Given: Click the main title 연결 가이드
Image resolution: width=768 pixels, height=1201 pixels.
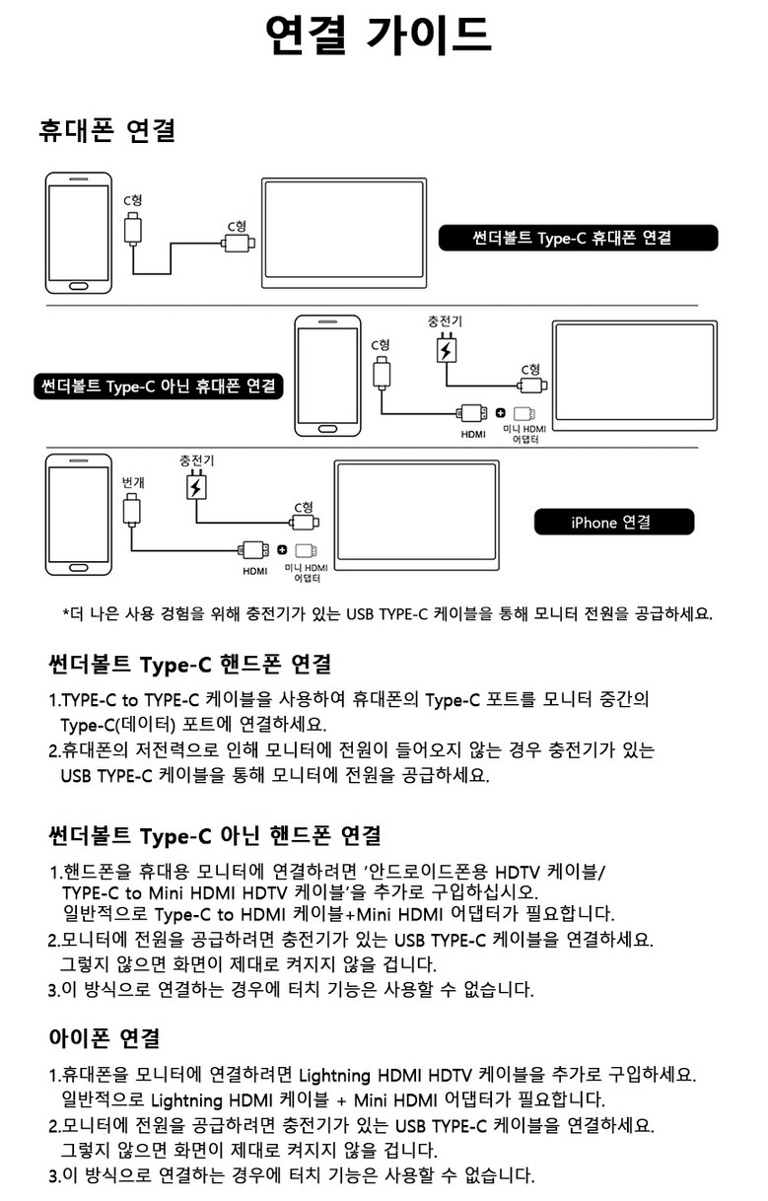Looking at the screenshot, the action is [378, 35].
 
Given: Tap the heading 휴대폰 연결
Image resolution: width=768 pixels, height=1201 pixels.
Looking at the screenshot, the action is [107, 130].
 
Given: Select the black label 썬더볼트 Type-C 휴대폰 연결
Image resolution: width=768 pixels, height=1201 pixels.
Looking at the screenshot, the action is [578, 238].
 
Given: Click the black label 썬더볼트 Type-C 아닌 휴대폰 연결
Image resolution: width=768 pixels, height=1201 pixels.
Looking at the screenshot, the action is [158, 387].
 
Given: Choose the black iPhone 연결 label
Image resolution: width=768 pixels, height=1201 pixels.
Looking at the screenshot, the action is [613, 522].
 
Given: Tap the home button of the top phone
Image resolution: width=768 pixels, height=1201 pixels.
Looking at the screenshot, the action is [78, 285].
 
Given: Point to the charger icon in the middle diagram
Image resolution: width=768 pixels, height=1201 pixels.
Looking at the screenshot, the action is [446, 347].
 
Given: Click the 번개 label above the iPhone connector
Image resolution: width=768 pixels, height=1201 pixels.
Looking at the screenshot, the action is [133, 482].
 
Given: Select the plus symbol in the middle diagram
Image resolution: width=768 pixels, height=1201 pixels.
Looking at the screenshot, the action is [500, 413].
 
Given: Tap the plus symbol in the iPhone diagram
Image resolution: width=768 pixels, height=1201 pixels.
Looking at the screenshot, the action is [282, 550].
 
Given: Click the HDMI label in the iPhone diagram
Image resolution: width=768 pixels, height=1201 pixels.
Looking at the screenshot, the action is [254, 571].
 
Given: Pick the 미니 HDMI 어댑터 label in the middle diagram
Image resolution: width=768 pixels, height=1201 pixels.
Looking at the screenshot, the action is [524, 434].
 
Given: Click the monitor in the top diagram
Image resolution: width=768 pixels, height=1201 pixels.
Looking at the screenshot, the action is [344, 234].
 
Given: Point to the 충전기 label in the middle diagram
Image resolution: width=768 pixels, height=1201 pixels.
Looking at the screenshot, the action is [445, 321].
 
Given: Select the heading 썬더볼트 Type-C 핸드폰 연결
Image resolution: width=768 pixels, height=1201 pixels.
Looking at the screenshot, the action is [189, 665].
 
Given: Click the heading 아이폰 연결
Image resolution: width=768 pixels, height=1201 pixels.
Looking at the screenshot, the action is [104, 1038].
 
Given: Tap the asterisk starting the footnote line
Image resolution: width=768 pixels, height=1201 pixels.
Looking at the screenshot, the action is [65, 611].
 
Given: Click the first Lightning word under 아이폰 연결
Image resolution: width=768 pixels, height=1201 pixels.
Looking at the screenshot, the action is [334, 1076].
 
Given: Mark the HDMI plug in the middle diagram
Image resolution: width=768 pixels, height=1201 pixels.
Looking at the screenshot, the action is [471, 413].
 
